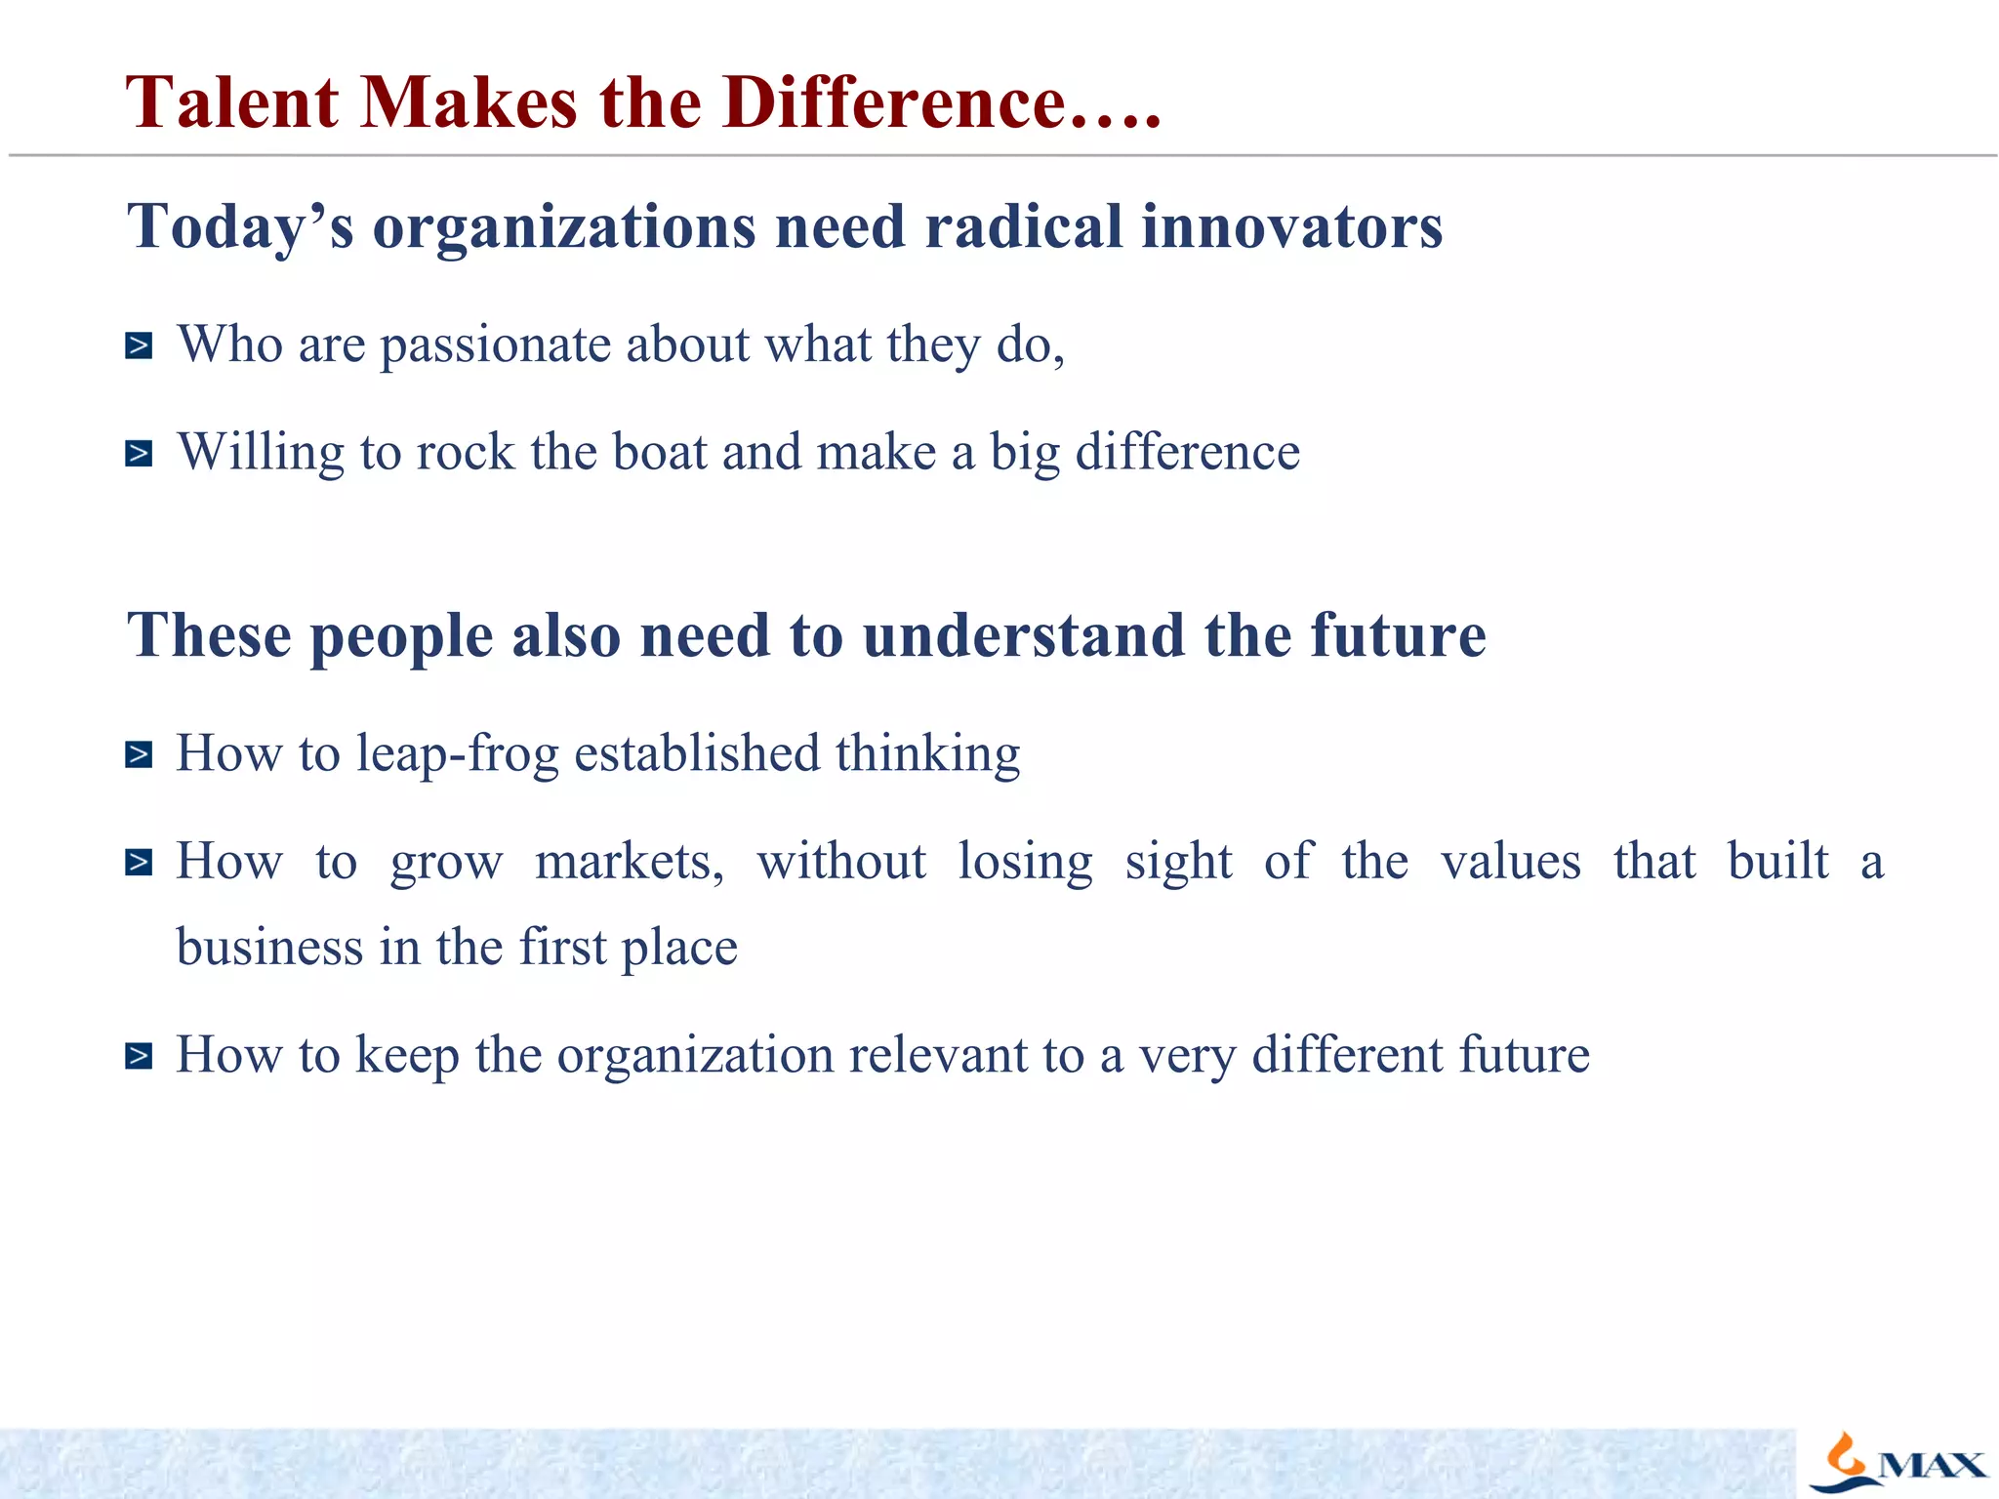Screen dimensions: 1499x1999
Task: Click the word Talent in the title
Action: pyautogui.click(x=232, y=102)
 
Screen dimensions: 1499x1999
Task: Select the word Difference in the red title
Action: pyautogui.click(x=893, y=102)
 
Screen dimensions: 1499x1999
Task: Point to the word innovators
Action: pyautogui.click(x=1291, y=226)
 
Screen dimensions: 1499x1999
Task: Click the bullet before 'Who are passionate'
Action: pyautogui.click(x=139, y=345)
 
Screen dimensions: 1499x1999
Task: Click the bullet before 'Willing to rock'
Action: pyautogui.click(x=139, y=454)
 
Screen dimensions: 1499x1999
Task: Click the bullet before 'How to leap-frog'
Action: pyautogui.click(x=139, y=754)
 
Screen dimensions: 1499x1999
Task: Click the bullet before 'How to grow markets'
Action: pyautogui.click(x=139, y=862)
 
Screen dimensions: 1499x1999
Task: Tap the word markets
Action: pyautogui.click(x=629, y=862)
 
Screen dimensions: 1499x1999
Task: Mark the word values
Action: pyautogui.click(x=1510, y=862)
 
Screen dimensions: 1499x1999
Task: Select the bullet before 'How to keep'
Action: pyautogui.click(x=139, y=1056)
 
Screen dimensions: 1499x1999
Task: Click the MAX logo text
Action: pyautogui.click(x=1932, y=1466)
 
